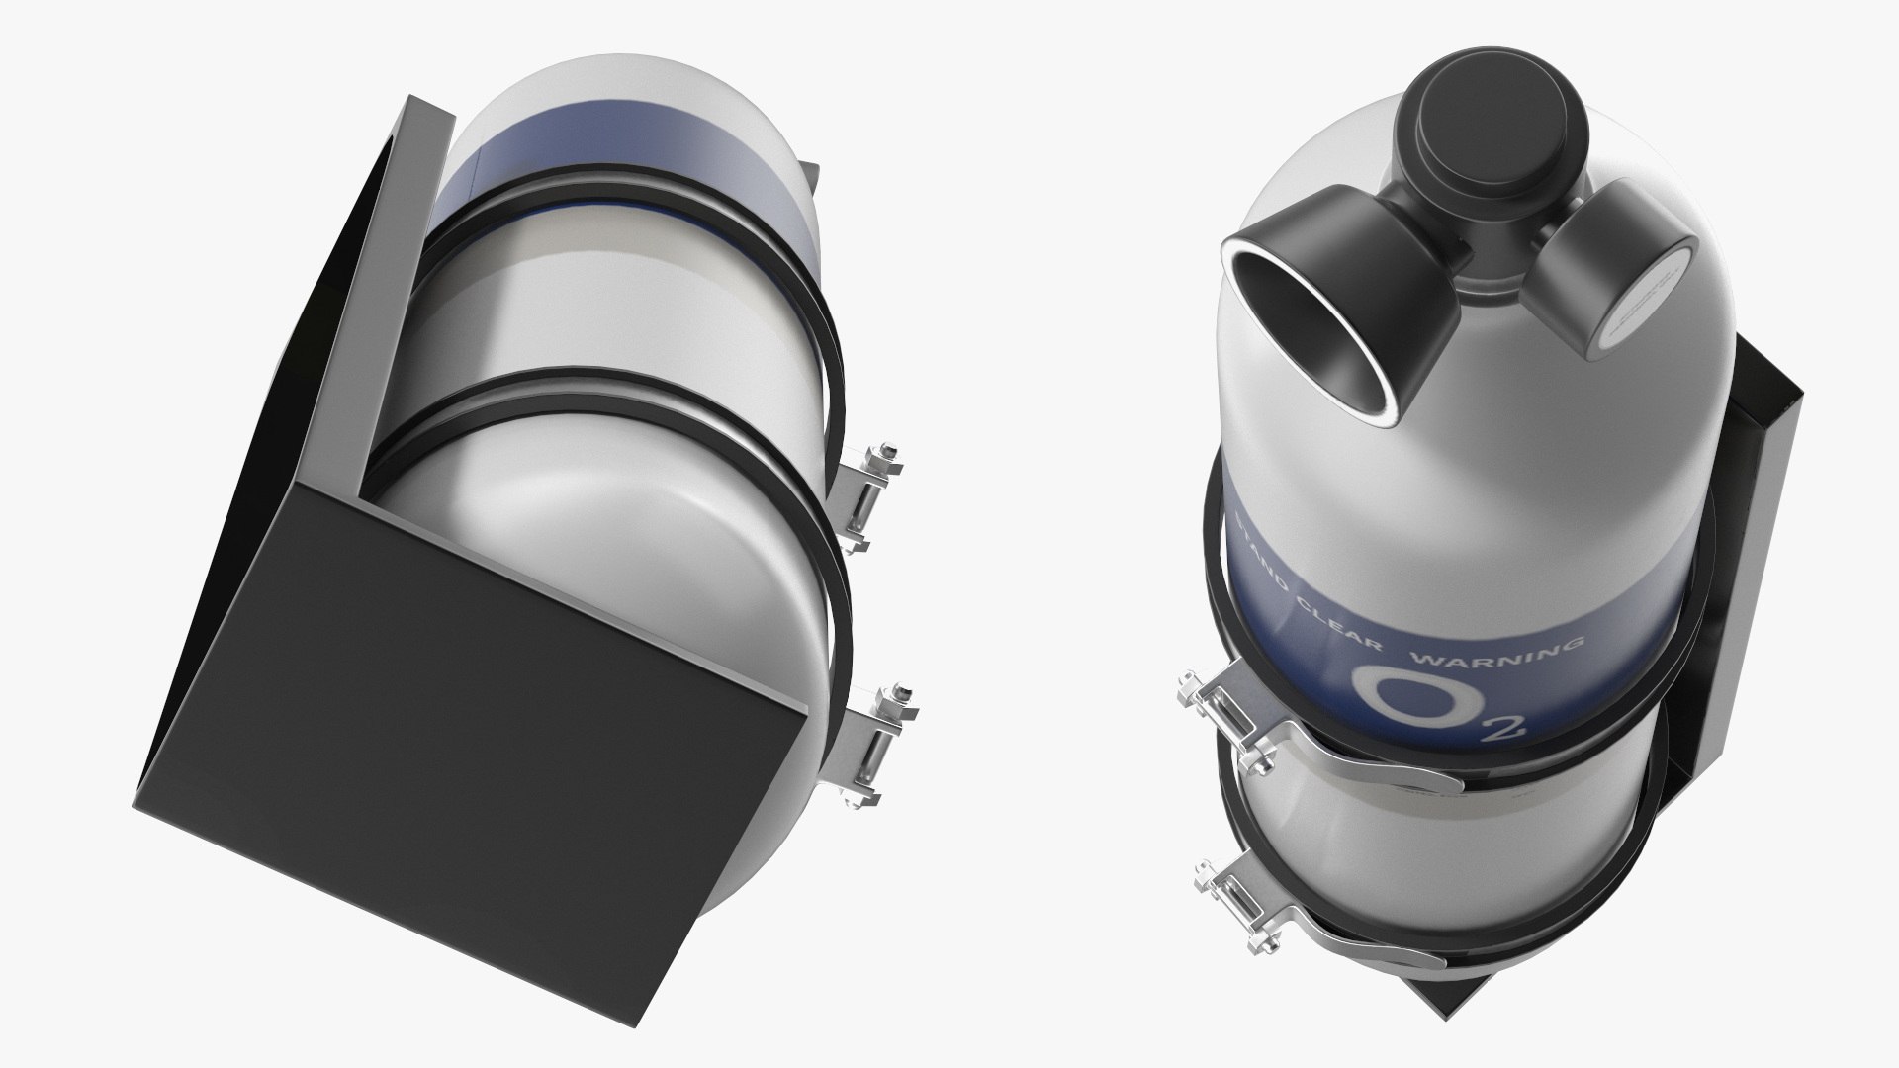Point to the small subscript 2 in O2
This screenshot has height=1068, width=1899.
[x=1511, y=732]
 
